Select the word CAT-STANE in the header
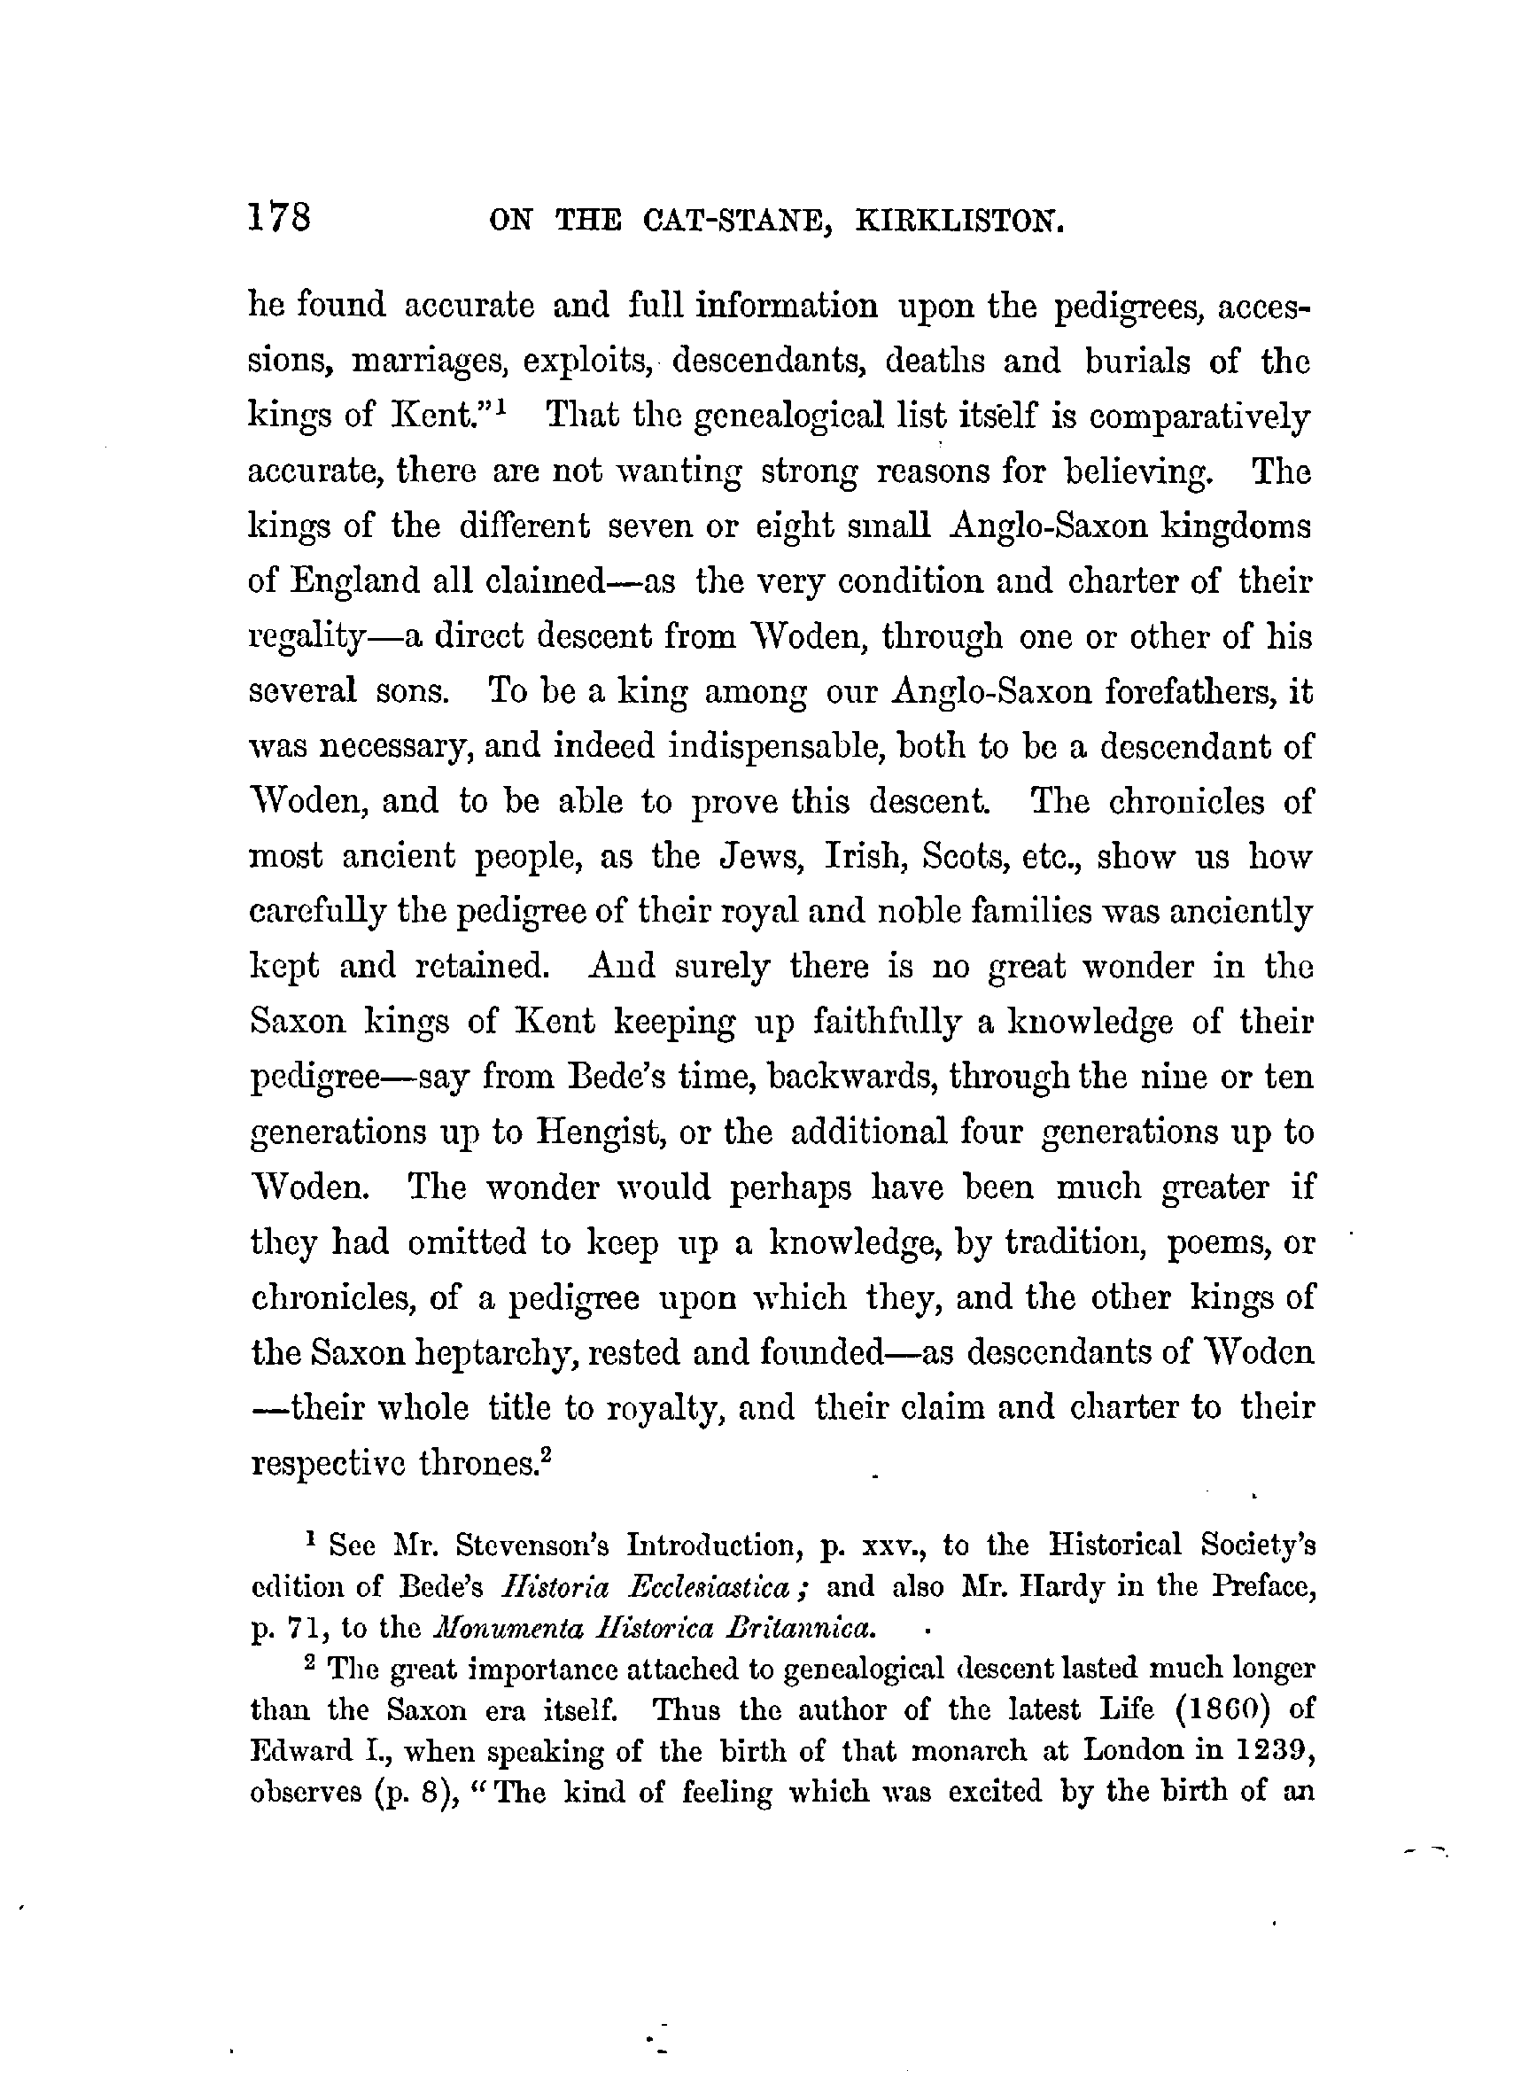coord(728,222)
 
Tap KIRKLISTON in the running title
coord(960,222)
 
